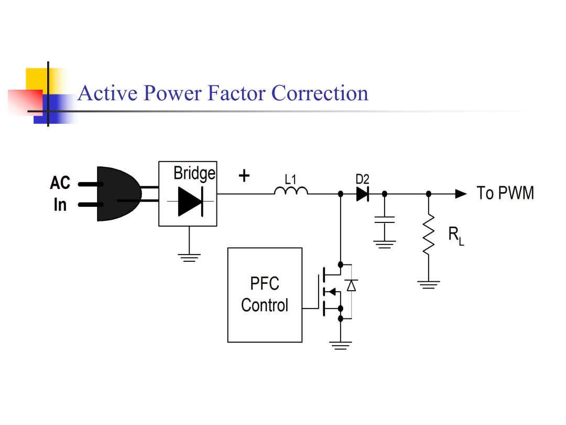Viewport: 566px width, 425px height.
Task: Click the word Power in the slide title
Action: pyautogui.click(x=172, y=93)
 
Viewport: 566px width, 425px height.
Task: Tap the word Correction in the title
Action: pyautogui.click(x=320, y=93)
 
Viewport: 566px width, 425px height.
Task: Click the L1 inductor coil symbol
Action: pyautogui.click(x=291, y=190)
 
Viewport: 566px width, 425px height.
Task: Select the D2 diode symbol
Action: pyautogui.click(x=363, y=194)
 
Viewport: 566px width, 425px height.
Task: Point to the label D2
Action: pyautogui.click(x=363, y=179)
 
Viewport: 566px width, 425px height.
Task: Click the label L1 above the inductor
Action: pyautogui.click(x=290, y=179)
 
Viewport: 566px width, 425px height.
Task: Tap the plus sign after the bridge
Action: pyautogui.click(x=244, y=176)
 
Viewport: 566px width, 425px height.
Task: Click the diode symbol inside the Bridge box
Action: pyautogui.click(x=191, y=201)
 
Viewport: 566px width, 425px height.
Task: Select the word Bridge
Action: pyautogui.click(x=194, y=174)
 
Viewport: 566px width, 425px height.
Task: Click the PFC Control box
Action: pyautogui.click(x=265, y=295)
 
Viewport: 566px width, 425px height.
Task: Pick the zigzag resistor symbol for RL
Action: pyautogui.click(x=429, y=235)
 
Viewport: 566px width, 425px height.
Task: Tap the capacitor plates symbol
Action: pyautogui.click(x=385, y=220)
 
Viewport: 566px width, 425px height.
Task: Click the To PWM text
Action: pyautogui.click(x=505, y=193)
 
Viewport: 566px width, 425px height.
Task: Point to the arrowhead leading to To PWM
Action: pyautogui.click(x=461, y=194)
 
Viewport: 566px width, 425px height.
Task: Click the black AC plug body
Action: pyautogui.click(x=118, y=194)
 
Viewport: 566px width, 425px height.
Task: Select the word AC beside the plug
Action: pyautogui.click(x=60, y=183)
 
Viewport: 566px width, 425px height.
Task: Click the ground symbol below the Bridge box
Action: pyautogui.click(x=189, y=258)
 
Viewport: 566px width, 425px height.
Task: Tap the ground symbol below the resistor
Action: pyautogui.click(x=429, y=285)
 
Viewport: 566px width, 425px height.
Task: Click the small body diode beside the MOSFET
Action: pyautogui.click(x=351, y=285)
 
